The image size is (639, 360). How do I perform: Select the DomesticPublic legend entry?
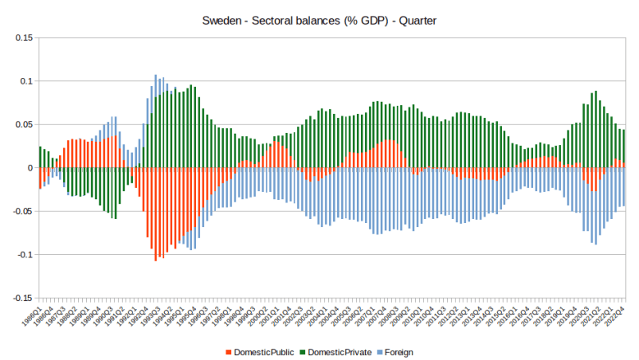tap(265, 352)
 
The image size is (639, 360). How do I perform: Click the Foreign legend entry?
tap(398, 352)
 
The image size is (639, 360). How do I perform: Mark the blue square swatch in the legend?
tap(378, 352)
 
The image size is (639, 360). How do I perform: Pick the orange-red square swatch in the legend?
tap(228, 352)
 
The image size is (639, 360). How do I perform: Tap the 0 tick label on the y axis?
tap(30, 168)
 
